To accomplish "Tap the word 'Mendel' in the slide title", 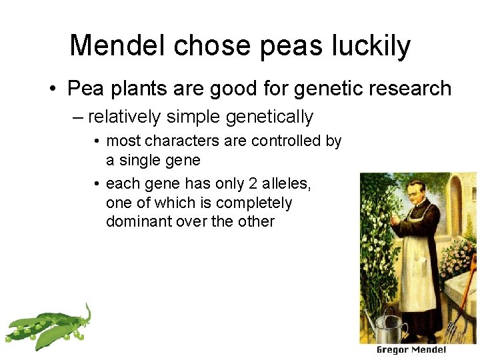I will tap(123, 45).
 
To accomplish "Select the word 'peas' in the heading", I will tap(292, 46).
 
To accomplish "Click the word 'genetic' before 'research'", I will tap(327, 88).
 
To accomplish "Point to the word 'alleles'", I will tap(283, 184).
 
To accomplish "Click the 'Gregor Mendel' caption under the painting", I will tap(411, 350).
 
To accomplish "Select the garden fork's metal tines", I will tap(455, 329).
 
